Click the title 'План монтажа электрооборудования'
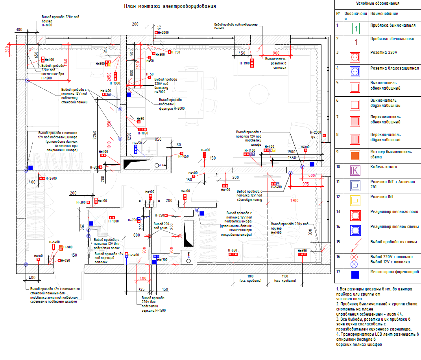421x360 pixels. (x=170, y=6)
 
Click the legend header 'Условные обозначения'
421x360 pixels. (x=377, y=4)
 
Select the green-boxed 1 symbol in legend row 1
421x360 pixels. (x=356, y=28)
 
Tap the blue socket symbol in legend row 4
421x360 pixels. (x=356, y=72)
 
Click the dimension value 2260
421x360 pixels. (x=94, y=136)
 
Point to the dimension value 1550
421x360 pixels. (x=292, y=157)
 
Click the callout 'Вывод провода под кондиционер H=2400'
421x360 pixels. (x=236, y=26)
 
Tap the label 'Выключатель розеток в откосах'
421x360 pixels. (x=275, y=63)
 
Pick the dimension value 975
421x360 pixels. (x=306, y=184)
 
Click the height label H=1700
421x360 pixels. (x=162, y=260)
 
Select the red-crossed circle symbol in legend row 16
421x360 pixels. (x=356, y=257)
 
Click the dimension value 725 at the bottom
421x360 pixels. (x=141, y=289)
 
